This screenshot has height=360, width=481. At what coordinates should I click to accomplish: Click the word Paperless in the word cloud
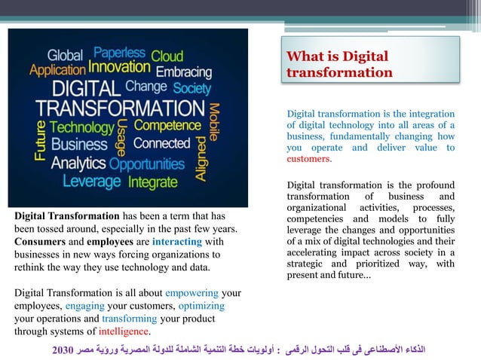[119, 53]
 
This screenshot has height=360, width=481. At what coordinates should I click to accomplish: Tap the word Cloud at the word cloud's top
[167, 55]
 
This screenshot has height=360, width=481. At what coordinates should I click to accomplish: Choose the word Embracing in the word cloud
[184, 72]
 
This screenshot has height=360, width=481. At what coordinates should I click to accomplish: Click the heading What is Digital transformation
[339, 65]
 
